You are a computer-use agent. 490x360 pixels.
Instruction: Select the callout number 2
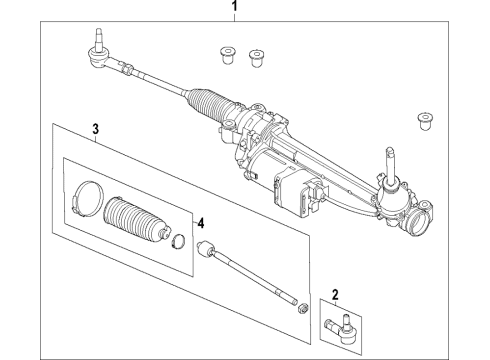pyautogui.click(x=336, y=294)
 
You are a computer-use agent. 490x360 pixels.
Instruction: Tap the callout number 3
pyautogui.click(x=95, y=129)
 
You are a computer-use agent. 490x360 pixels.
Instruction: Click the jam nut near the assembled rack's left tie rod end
pyautogui.click(x=129, y=69)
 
